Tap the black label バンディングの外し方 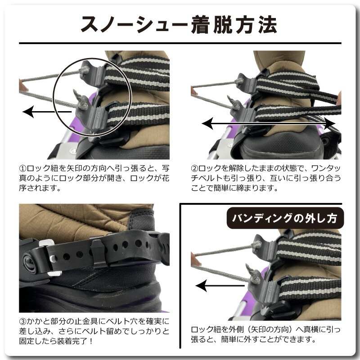pos(285,218)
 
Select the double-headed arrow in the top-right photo pos(268,123)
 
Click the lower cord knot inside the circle pos(82,104)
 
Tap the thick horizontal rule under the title pos(180,43)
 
